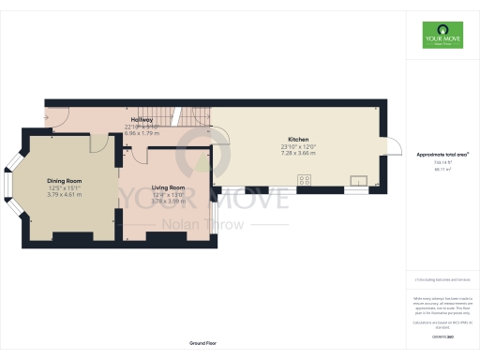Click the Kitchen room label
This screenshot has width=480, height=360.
(x=299, y=139)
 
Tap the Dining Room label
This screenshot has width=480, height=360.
(x=65, y=180)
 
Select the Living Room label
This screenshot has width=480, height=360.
(x=168, y=187)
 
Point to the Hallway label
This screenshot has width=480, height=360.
(x=142, y=120)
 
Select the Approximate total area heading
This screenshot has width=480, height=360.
(x=442, y=153)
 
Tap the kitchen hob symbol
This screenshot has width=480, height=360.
(x=305, y=178)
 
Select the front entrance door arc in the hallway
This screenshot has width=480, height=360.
(x=55, y=117)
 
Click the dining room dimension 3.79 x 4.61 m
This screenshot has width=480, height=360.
(x=65, y=194)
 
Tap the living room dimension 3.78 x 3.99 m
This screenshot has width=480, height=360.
(x=168, y=201)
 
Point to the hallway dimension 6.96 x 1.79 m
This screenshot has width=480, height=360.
(x=142, y=133)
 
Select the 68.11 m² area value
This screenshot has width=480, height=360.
(x=442, y=171)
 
